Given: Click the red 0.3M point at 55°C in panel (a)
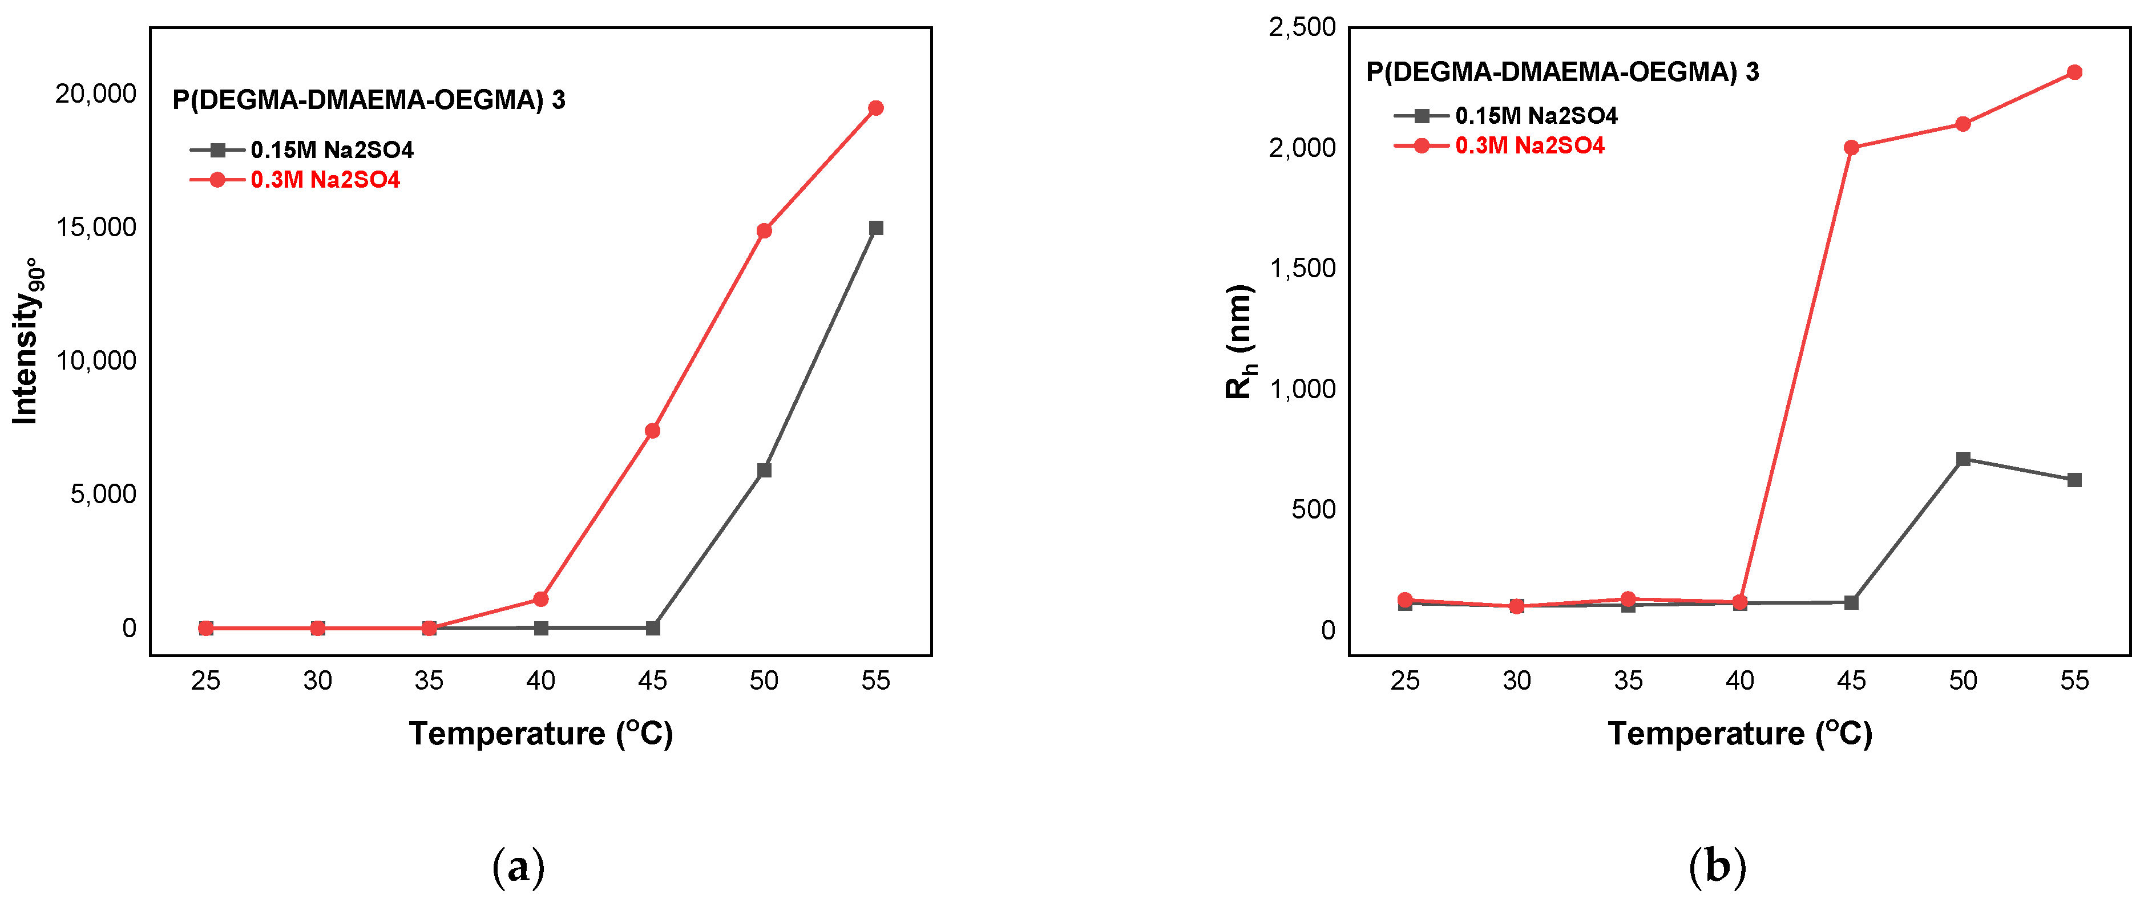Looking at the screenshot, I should click(875, 108).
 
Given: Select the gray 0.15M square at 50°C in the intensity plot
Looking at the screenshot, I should click(764, 470).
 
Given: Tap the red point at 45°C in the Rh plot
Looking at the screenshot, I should click(1851, 148).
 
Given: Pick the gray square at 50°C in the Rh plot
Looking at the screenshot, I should click(1963, 459).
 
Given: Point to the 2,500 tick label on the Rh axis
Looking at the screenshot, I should click(1302, 27).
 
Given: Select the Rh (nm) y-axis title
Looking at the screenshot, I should click(1239, 342).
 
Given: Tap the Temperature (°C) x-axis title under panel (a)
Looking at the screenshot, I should click(541, 734).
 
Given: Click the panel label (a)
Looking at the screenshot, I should click(518, 867).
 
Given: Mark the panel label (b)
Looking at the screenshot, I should click(1717, 867).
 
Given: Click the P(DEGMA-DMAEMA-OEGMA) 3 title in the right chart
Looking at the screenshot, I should click(1562, 72).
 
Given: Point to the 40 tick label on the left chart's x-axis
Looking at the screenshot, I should click(541, 681).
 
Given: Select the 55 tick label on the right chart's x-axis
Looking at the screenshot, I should click(2074, 681).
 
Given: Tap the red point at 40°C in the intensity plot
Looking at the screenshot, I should click(541, 599).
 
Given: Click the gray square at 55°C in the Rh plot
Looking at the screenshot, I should click(2074, 480).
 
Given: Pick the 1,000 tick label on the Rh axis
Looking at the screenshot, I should click(1302, 389).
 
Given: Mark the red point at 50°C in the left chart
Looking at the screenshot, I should click(764, 231).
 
